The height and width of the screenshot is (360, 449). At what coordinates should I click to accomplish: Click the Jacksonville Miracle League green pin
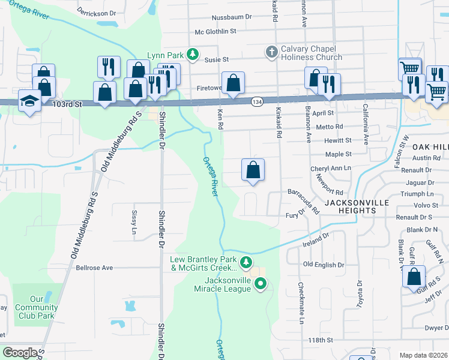[x=260, y=284]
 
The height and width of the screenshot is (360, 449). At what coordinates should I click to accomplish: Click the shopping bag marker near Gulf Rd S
[x=414, y=277]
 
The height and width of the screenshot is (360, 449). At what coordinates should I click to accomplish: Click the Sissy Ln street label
[x=133, y=222]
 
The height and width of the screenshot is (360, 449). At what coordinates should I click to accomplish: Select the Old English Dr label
[x=324, y=265]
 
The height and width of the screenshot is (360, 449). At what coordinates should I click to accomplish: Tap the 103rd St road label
[x=66, y=104]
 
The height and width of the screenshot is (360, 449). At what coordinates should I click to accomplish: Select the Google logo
[x=20, y=353]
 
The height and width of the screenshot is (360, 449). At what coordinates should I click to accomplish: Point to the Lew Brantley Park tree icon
[x=245, y=262]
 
